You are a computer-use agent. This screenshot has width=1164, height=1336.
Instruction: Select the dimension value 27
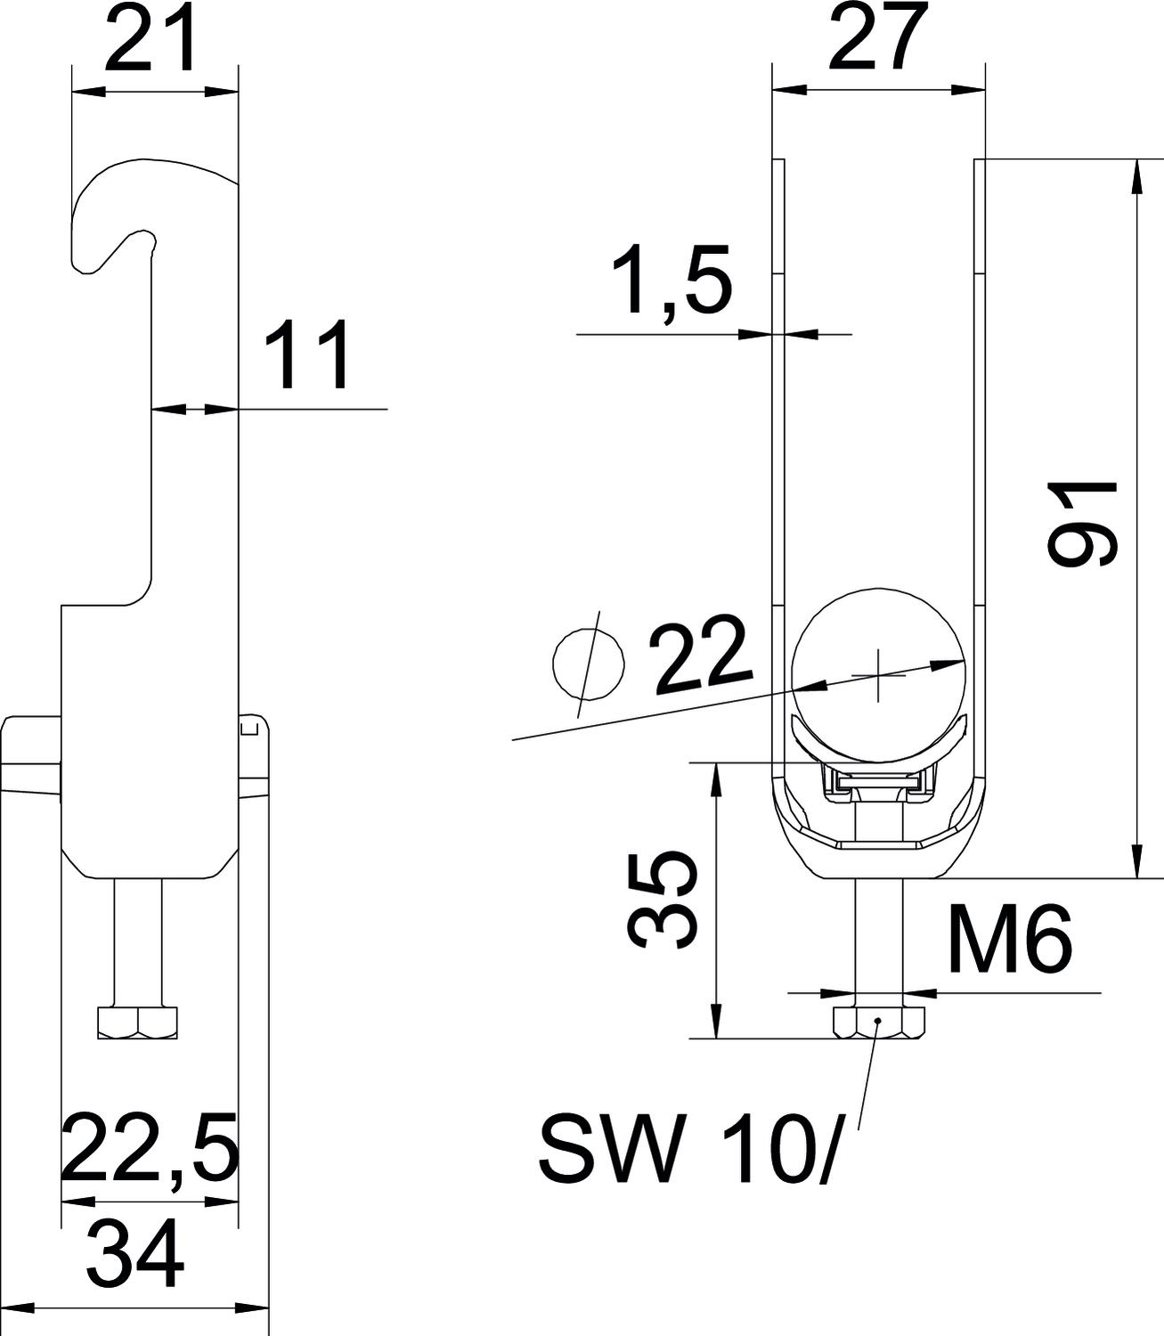pyautogui.click(x=878, y=36)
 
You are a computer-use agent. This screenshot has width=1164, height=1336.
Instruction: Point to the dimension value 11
pyautogui.click(x=305, y=355)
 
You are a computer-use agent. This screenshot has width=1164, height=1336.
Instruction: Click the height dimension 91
pyautogui.click(x=1082, y=524)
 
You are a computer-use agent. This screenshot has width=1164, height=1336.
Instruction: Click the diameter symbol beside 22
pyautogui.click(x=588, y=664)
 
